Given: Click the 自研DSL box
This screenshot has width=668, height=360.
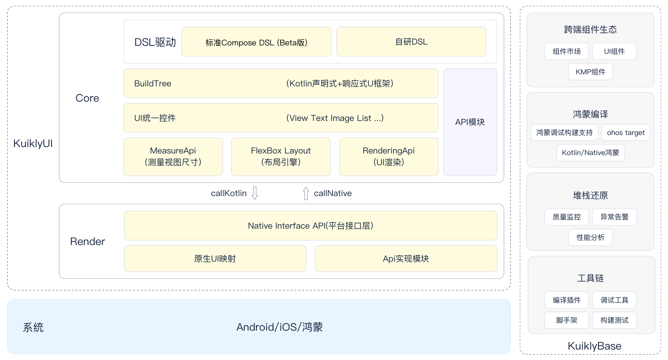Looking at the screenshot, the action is (411, 42).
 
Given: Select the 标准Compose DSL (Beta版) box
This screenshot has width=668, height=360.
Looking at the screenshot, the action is (256, 42).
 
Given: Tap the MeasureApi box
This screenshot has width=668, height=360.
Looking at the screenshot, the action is (173, 157).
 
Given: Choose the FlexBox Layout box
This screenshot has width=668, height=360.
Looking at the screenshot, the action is (281, 157).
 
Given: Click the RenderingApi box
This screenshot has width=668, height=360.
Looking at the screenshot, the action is (389, 157).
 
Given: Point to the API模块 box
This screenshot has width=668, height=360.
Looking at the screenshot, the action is (470, 122).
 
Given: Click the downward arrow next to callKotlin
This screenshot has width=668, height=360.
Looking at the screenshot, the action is (255, 193).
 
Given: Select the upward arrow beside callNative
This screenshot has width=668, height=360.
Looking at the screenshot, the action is (306, 193).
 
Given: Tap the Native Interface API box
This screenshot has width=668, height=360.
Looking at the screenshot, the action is (311, 225).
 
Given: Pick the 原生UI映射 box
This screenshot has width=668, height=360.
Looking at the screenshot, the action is (215, 259).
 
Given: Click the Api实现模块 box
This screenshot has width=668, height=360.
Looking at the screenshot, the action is (406, 259).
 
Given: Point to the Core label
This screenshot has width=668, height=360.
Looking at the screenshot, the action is (87, 98).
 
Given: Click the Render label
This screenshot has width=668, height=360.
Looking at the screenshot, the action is (87, 241).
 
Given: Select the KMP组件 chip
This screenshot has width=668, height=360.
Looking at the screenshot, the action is (590, 72).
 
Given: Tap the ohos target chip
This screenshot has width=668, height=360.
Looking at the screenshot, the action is (626, 133).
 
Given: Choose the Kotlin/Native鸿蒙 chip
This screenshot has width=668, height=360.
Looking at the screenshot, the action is (590, 153).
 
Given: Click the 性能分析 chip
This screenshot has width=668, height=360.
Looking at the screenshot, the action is (590, 237).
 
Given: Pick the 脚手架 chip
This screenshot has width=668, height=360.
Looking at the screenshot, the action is (567, 320).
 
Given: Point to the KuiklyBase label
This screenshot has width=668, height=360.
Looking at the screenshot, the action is (594, 346).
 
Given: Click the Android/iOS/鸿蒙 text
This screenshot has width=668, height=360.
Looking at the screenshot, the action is (280, 327).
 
